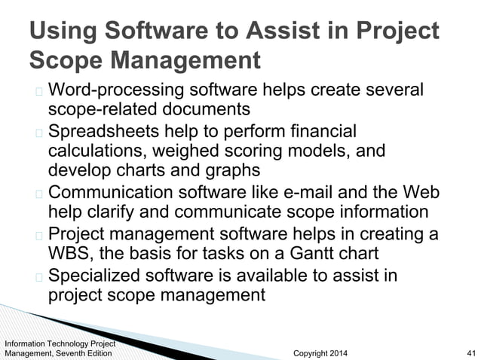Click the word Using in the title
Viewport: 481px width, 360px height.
(x=61, y=31)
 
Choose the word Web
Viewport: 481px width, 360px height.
(x=421, y=193)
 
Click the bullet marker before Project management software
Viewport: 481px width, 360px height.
(x=38, y=234)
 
